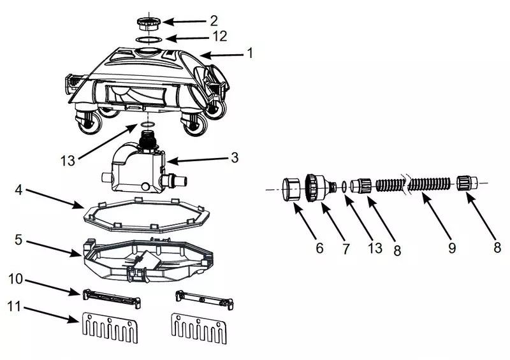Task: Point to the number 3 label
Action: coord(235,157)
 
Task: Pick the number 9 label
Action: coord(451,248)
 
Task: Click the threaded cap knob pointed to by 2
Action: coord(148,23)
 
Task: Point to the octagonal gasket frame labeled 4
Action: coord(147,215)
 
